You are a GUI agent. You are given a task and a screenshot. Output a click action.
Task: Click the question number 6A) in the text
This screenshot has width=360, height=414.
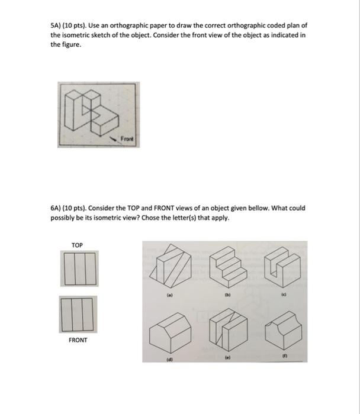pos(58,208)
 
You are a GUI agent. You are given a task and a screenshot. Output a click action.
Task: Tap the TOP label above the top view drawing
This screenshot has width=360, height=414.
pos(77,245)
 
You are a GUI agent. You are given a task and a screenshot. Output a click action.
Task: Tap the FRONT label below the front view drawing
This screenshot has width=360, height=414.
pos(78,340)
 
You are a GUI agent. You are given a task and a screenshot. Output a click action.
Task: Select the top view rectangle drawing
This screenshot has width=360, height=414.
pos(78,267)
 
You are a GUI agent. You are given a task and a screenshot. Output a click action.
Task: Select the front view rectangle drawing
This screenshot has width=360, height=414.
pos(78,313)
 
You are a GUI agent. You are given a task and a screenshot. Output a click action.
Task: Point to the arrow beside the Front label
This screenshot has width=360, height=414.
pos(112,136)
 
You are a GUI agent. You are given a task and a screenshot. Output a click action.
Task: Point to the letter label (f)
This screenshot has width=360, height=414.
pos(284,357)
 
